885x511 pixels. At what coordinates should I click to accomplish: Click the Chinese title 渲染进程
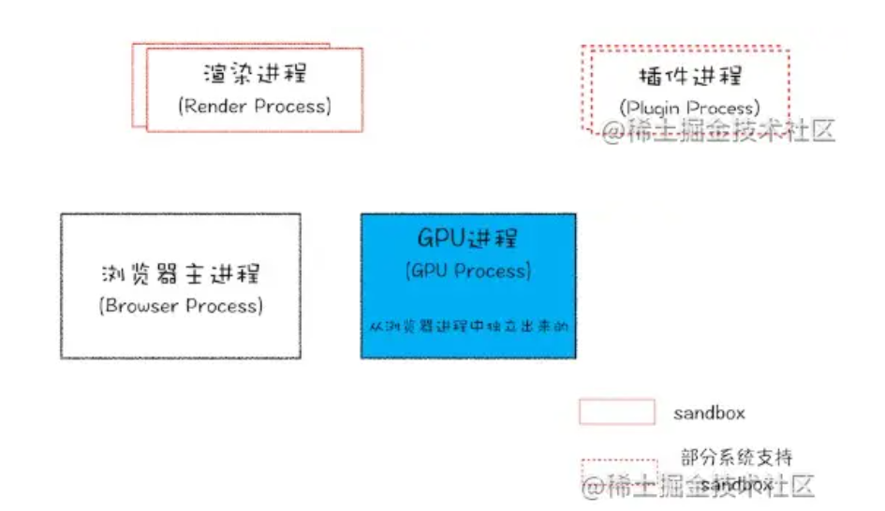254,74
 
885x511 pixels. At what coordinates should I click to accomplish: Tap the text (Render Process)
254,106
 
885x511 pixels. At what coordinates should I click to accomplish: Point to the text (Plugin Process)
689,109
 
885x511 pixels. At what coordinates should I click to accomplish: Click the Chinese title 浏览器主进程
181,274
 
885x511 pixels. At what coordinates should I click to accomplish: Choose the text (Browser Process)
181,306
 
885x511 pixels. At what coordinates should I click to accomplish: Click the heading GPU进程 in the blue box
467,239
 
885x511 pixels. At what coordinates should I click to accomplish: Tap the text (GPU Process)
468,271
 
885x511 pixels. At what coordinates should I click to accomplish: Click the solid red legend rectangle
616,413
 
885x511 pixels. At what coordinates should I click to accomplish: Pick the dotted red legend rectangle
618,472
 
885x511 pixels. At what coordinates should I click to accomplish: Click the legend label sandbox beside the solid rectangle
709,413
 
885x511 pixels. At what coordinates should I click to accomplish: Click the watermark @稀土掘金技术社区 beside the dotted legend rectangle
698,486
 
